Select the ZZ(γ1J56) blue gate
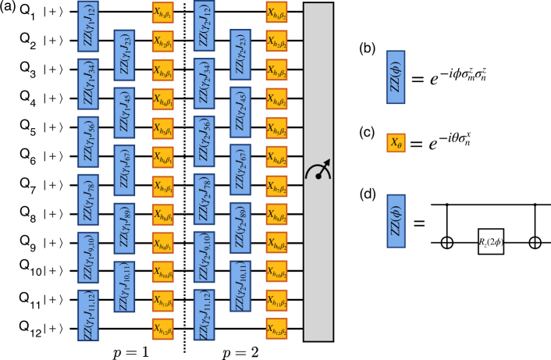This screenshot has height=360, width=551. click(88, 141)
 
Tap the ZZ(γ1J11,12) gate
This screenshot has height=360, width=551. click(88, 315)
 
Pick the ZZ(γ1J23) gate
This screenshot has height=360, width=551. click(124, 55)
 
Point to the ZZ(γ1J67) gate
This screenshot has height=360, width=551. click(124, 170)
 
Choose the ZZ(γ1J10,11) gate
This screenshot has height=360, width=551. click(124, 286)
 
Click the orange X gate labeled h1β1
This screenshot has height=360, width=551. click(162, 12)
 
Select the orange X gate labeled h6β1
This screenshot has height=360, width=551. click(162, 157)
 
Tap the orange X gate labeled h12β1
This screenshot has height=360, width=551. click(162, 329)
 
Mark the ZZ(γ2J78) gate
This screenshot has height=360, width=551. click(204, 199)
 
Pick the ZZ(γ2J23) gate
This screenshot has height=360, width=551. click(240, 55)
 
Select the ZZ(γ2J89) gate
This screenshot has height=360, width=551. click(240, 228)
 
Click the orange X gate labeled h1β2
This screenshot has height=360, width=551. click(276, 12)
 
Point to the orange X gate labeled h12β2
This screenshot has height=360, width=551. click(276, 329)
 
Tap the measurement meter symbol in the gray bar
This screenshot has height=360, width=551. click(318, 170)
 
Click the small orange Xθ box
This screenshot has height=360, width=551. click(396, 143)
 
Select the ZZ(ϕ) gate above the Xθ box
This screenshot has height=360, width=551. click(396, 77)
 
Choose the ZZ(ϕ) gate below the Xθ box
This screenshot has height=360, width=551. click(396, 221)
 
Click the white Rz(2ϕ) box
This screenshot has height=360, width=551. click(491, 241)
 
